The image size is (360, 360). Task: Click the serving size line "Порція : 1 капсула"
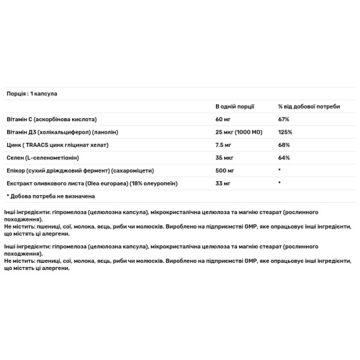[31, 94]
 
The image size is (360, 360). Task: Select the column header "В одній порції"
[235, 106]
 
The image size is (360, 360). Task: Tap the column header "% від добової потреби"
[308, 106]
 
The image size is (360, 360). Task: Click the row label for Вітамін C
[51, 119]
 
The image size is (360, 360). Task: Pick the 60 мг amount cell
[223, 119]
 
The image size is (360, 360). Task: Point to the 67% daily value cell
[284, 119]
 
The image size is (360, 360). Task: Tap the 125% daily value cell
[285, 132]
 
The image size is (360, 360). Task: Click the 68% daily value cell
[284, 145]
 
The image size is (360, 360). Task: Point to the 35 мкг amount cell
[225, 158]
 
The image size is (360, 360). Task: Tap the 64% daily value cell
[284, 158]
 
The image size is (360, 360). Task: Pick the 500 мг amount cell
[226, 170]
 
